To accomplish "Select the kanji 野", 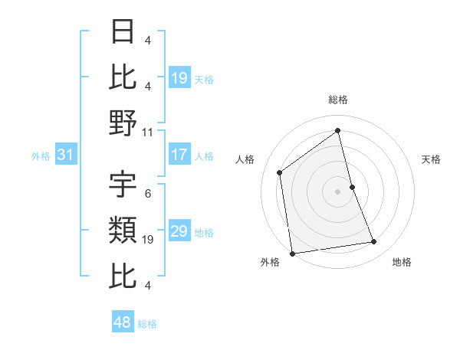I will pos(123,123).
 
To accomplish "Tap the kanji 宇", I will pos(123,185).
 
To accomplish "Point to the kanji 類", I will pos(123,230).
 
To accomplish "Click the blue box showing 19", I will pos(179,77).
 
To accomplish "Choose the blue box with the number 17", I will pos(179,155).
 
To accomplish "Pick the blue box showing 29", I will pos(179,231).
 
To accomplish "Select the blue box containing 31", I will pos(66,155).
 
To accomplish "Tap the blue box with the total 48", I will pos(123,322).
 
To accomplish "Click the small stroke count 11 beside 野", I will pos(148,132).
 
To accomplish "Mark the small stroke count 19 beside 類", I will pos(148,240).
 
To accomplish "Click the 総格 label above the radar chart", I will pos(338,100).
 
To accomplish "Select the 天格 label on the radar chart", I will pos(432,159).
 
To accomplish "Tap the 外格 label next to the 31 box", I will pos(41,156).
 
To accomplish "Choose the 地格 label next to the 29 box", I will pos(204,232).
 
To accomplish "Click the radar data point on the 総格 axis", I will pos(338,130).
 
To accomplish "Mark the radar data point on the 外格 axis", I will pos(292,254).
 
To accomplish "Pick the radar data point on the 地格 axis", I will pos(374,242).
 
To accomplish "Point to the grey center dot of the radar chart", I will pos(338,191).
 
